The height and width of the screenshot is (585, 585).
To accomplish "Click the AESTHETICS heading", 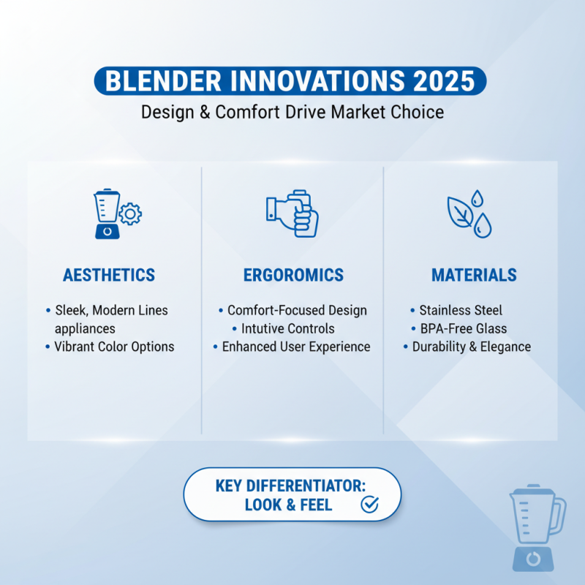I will coord(109,276).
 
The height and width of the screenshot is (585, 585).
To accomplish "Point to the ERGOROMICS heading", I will coord(293,276).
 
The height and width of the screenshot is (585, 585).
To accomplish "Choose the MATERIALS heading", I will coord(474,276).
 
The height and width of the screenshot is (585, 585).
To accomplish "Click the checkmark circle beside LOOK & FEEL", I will coord(370,505).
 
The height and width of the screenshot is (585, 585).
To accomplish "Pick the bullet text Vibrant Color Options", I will coord(114,347).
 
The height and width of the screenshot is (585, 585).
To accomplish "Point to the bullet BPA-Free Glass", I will coord(464,328).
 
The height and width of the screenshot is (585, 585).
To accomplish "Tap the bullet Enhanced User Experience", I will coord(296,347).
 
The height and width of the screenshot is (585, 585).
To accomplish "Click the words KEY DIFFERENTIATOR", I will coord(291,486).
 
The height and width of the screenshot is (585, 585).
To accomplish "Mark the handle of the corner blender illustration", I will coord(558,515).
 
